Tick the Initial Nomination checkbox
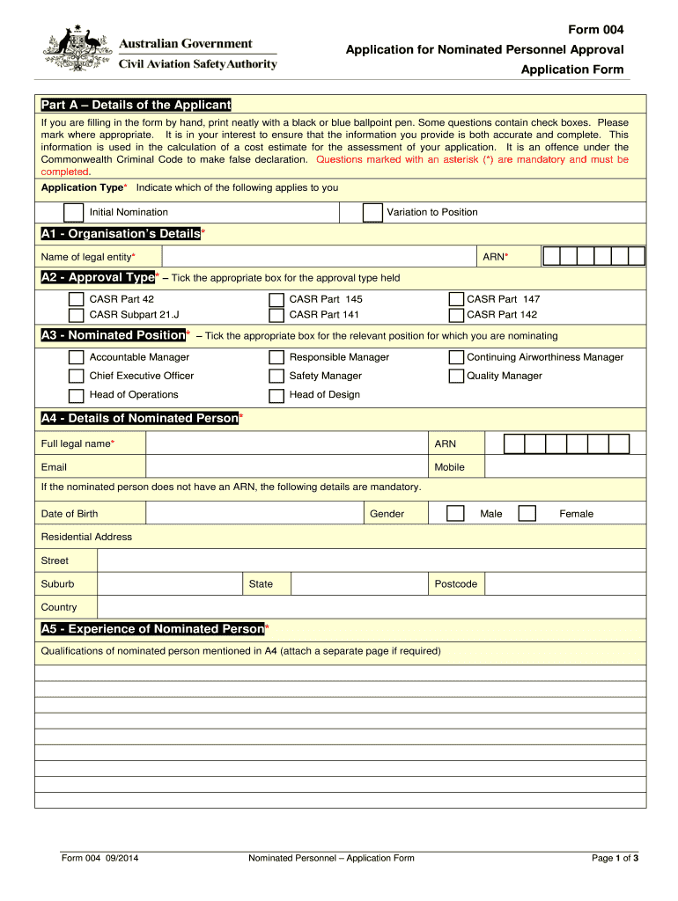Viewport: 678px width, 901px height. click(x=74, y=213)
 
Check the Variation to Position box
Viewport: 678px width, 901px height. click(x=373, y=213)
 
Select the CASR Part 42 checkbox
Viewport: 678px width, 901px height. click(x=77, y=299)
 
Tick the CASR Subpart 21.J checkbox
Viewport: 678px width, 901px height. click(x=77, y=315)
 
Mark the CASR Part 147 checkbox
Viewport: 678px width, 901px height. click(x=456, y=299)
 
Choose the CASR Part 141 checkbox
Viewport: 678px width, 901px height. click(x=276, y=315)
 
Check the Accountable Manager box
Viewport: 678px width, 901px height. click(x=77, y=357)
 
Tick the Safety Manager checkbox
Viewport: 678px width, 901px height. click(x=276, y=377)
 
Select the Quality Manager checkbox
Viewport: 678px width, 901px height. click(x=456, y=377)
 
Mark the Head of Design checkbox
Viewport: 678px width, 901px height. click(x=276, y=396)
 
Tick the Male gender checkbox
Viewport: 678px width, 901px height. click(x=455, y=513)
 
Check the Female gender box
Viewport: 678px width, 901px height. click(x=527, y=513)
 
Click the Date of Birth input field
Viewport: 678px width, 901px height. click(x=255, y=513)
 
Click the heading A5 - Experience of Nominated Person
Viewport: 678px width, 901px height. click(x=152, y=629)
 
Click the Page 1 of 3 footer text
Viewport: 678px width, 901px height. click(x=615, y=858)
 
